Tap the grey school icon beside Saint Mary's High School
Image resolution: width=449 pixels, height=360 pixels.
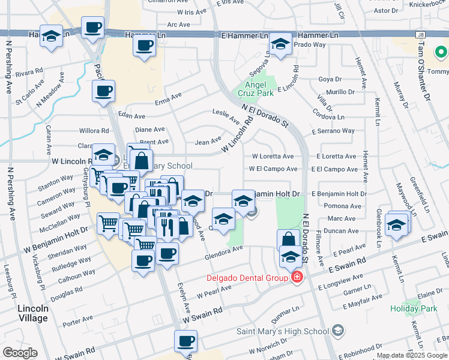coord(338,331)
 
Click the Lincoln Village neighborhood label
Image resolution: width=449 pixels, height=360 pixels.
coord(37,314)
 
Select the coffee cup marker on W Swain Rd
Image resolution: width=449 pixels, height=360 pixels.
coord(185,341)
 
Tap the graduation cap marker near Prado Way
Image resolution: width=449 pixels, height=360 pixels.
coord(280,43)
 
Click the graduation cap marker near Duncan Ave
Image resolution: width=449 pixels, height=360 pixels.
coord(396,224)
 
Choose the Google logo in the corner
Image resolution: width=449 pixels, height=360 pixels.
coord(20,353)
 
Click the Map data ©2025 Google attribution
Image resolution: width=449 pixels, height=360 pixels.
coord(412,355)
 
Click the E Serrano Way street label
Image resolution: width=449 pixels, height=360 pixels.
coord(333,131)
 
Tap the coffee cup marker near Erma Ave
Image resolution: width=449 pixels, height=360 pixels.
coord(103,91)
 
